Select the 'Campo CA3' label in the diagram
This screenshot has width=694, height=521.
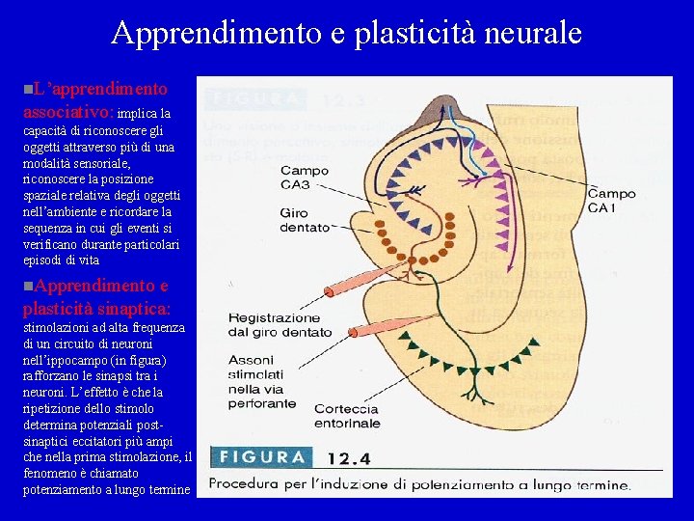pyautogui.click(x=305, y=178)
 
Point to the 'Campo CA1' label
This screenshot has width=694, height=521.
pyautogui.click(x=611, y=201)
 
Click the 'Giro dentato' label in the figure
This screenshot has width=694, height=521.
pyautogui.click(x=306, y=220)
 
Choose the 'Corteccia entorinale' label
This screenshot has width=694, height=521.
pyautogui.click(x=347, y=416)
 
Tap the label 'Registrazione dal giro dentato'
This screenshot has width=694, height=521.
pyautogui.click(x=275, y=324)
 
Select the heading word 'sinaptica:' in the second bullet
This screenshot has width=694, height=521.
pyautogui.click(x=131, y=308)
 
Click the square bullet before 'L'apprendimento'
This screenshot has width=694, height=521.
pyautogui.click(x=27, y=89)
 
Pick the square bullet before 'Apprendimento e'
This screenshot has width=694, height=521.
pyautogui.click(x=27, y=287)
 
